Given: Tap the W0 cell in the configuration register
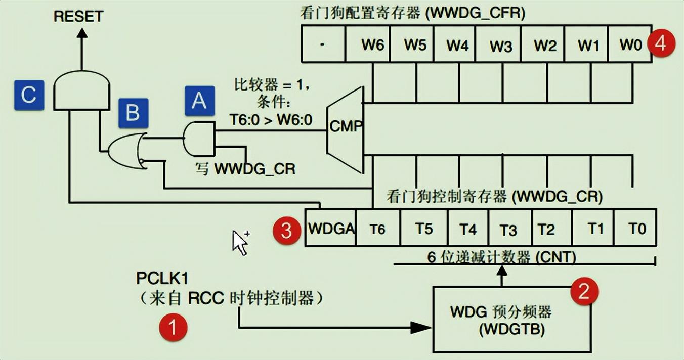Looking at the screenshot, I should click(x=629, y=44).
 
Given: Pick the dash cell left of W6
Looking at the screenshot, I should click(x=323, y=44).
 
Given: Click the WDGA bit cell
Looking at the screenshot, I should click(x=331, y=229).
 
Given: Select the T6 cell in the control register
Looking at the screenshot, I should click(x=377, y=229).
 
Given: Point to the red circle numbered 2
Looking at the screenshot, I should click(x=584, y=292).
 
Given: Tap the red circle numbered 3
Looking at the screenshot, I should click(x=286, y=231).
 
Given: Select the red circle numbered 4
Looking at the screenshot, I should click(x=661, y=43).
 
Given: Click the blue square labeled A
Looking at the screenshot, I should click(x=199, y=101).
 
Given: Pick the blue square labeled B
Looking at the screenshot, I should click(x=133, y=113).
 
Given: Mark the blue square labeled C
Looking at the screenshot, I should click(x=29, y=95).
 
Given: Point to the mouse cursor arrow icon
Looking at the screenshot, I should click(x=240, y=243).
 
